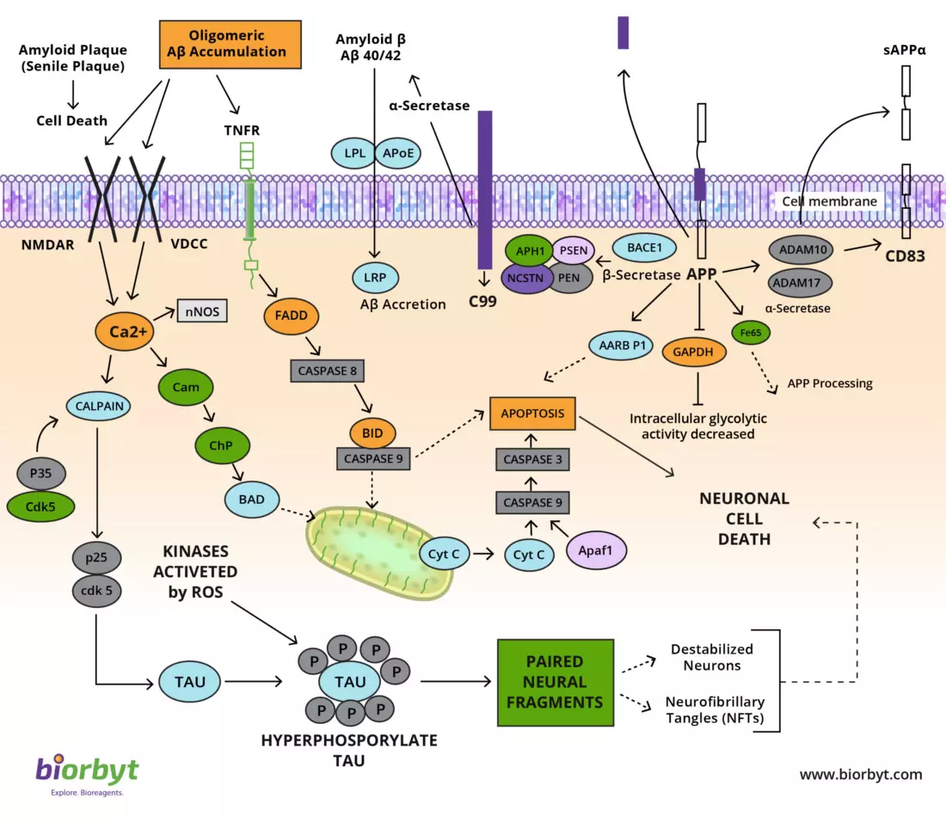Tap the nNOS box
pyautogui.click(x=202, y=311)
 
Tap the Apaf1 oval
pyautogui.click(x=596, y=549)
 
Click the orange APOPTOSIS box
pyautogui.click(x=533, y=414)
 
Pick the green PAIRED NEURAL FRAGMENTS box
pyautogui.click(x=555, y=682)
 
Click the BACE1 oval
pyautogui.click(x=644, y=248)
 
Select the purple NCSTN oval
pyautogui.click(x=526, y=278)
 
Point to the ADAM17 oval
pyautogui.click(x=802, y=281)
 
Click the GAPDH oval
pyautogui.click(x=694, y=352)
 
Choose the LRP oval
pyautogui.click(x=374, y=277)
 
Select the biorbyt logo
pyautogui.click(x=86, y=772)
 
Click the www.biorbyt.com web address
pyautogui.click(x=860, y=775)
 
